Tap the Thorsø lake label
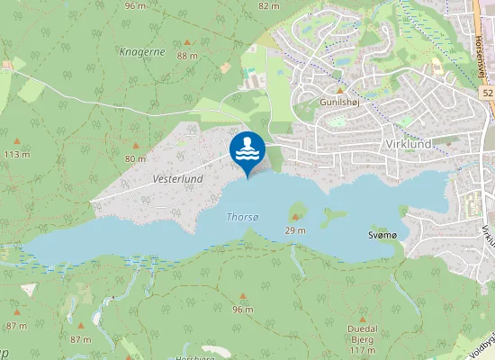243,217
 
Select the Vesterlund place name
178,179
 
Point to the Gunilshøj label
337,103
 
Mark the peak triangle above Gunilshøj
340,90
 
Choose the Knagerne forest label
141,52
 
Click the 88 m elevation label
187,56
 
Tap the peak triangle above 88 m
187,42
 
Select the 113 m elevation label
17,154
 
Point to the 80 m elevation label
135,158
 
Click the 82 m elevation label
268,5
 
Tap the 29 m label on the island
295,231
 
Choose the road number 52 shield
487,93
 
